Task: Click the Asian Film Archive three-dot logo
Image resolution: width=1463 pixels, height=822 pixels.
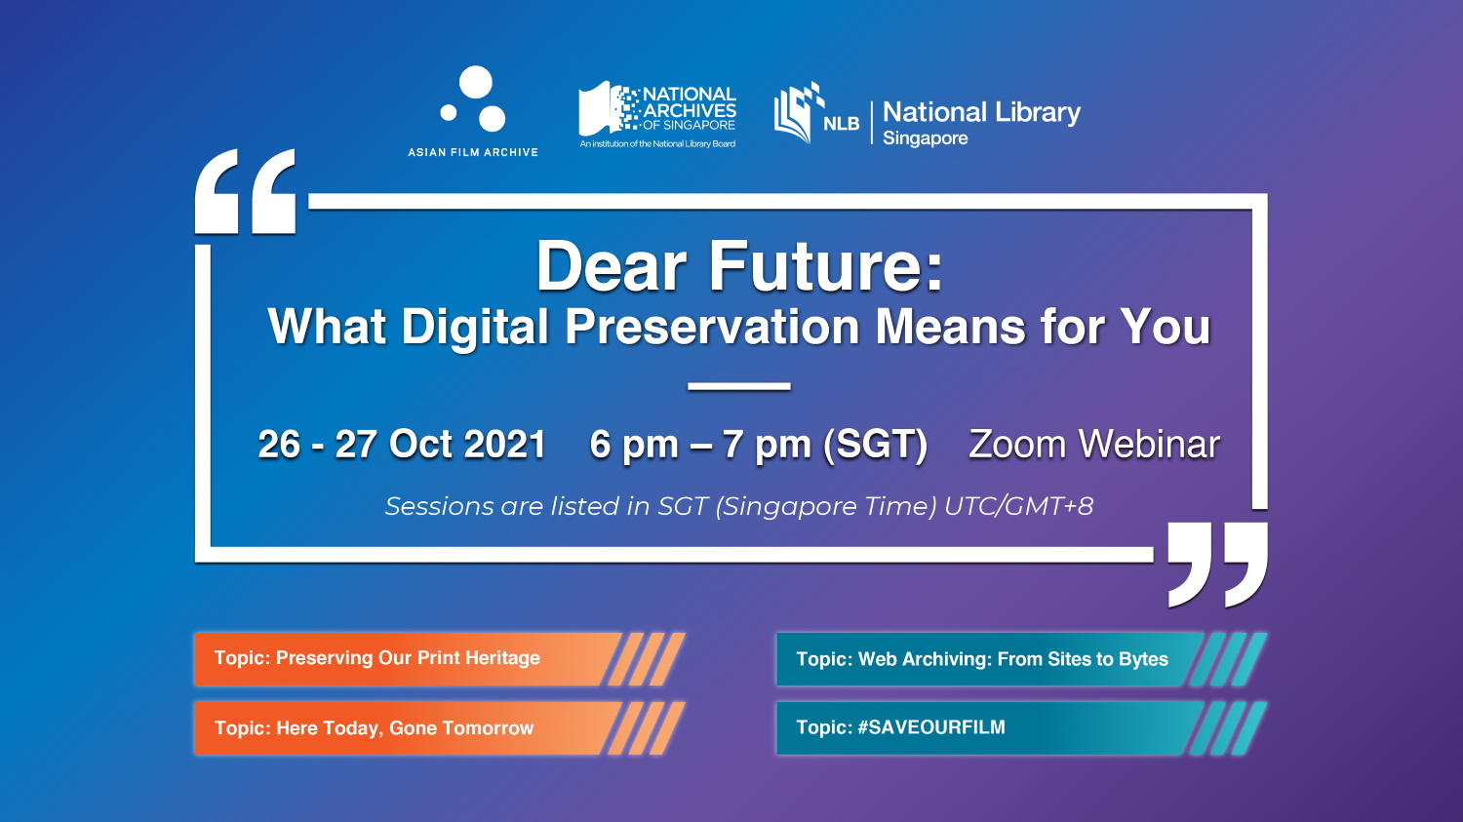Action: coord(475,98)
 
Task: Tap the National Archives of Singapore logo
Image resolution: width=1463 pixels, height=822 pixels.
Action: coord(657,115)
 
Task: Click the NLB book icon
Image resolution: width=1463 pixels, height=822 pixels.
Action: coord(799,113)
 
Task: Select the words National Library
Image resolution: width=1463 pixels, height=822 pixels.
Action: coord(981,112)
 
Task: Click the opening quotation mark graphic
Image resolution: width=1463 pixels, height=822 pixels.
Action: coord(246,191)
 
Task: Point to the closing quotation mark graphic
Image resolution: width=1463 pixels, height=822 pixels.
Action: coord(1217,565)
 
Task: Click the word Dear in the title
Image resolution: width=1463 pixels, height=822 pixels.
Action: coord(612,266)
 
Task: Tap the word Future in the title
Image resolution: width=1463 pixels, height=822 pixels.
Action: coord(826,266)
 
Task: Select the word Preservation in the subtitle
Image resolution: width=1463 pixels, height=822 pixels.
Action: coord(712,326)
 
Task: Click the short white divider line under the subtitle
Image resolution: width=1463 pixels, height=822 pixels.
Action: coord(738,386)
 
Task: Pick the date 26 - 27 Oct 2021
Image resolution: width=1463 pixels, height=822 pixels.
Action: coord(402,445)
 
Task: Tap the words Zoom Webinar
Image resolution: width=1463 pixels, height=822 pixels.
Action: coord(1094,445)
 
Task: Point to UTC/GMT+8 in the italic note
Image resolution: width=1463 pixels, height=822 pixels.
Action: coord(1019,507)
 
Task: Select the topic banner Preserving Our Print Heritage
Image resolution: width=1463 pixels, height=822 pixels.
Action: coord(440,659)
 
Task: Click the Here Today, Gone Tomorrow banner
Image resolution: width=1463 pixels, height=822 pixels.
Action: coord(440,728)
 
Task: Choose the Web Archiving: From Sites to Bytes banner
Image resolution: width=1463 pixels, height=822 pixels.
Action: coord(1022,659)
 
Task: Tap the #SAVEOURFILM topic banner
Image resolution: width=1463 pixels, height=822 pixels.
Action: coord(1022,728)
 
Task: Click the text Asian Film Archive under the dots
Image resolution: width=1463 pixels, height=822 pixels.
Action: coord(473,153)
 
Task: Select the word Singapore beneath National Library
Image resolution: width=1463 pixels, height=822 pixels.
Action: coord(925,138)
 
